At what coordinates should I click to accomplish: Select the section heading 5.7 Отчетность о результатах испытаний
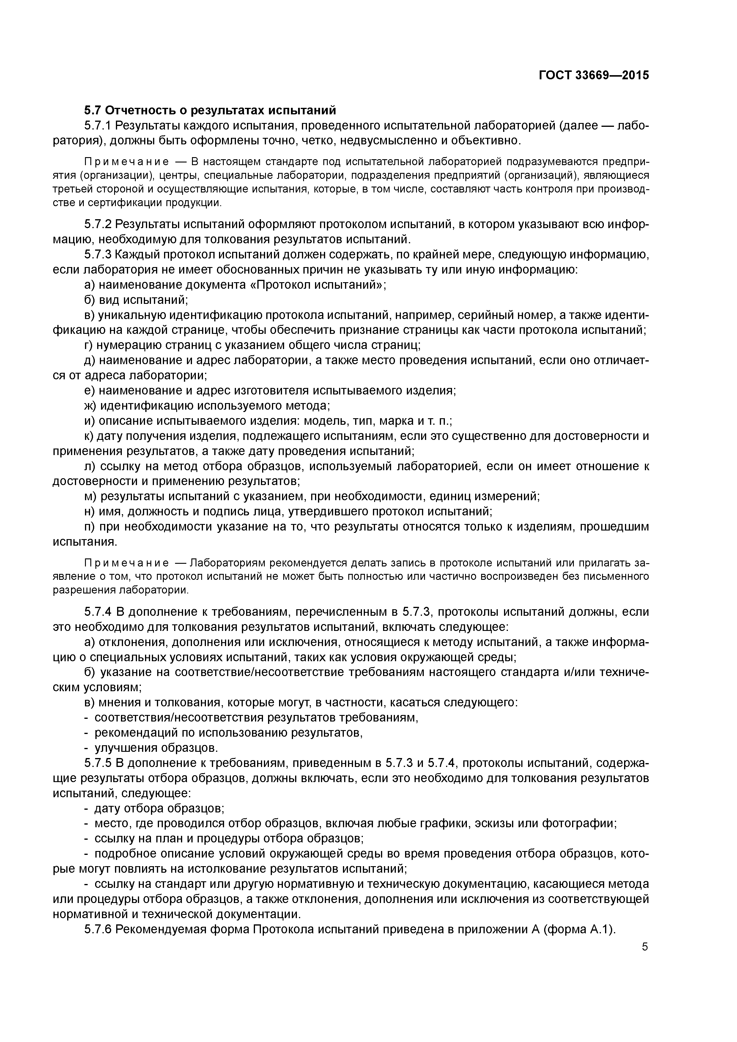(x=210, y=110)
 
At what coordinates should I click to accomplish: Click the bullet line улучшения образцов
(x=156, y=747)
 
